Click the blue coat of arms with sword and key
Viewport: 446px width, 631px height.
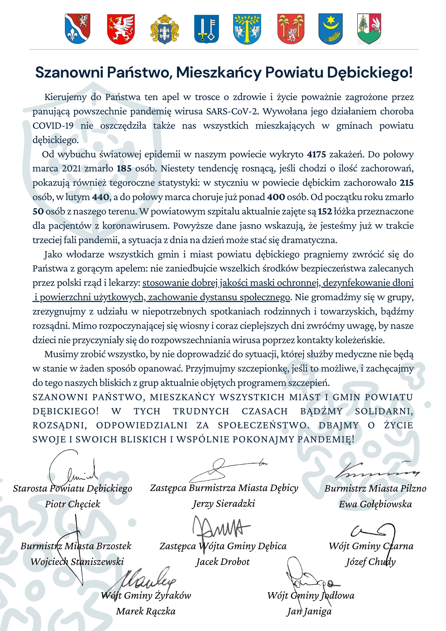pyautogui.click(x=207, y=29)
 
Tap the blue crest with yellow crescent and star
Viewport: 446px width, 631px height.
pyautogui.click(x=331, y=29)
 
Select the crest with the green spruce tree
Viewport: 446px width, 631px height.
pyautogui.click(x=369, y=29)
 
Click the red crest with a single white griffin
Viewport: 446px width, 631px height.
pyautogui.click(x=121, y=29)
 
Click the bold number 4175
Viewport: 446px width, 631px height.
pyautogui.click(x=316, y=154)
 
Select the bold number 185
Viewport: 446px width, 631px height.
pyautogui.click(x=124, y=169)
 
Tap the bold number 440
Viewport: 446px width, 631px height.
pyautogui.click(x=100, y=197)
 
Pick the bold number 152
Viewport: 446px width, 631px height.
pyautogui.click(x=325, y=211)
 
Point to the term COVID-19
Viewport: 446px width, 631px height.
pyautogui.click(x=53, y=126)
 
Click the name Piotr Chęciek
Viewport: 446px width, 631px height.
pyautogui.click(x=73, y=504)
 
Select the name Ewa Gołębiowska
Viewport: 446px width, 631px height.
pyautogui.click(x=375, y=504)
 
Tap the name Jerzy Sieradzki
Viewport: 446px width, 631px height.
pyautogui.click(x=224, y=504)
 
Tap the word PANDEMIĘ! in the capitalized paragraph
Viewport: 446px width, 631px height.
pyautogui.click(x=326, y=439)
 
